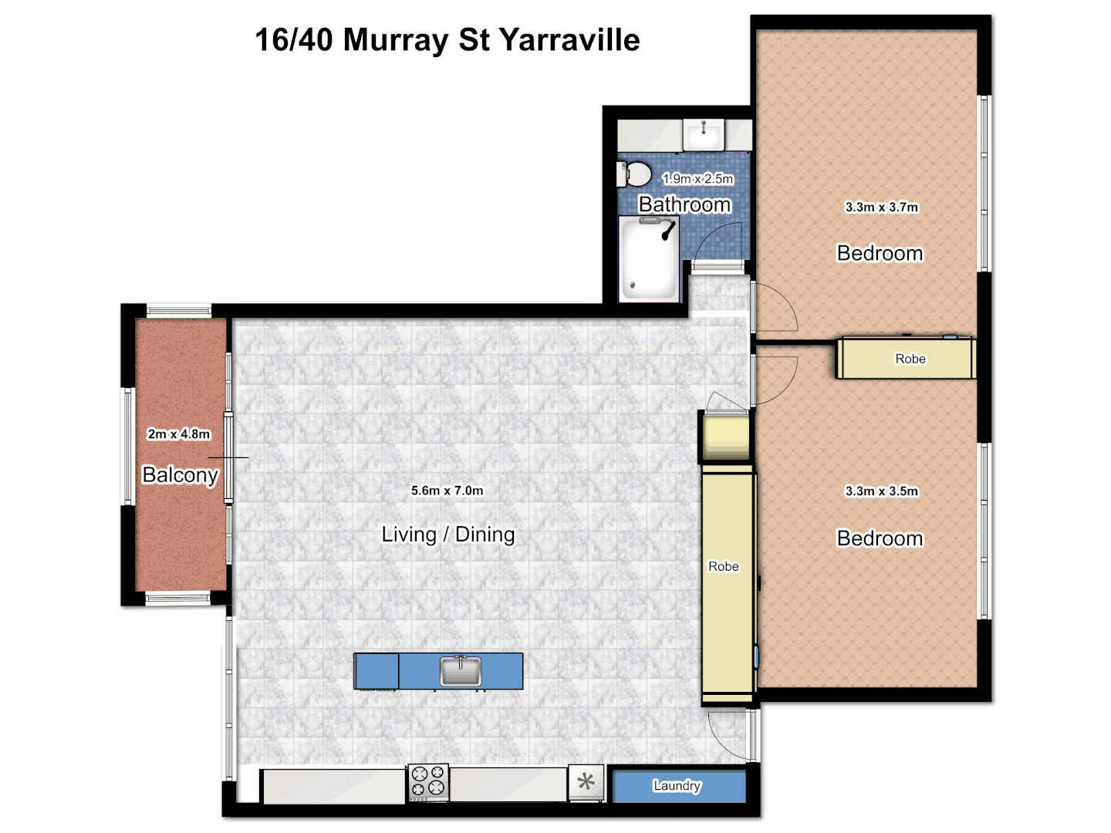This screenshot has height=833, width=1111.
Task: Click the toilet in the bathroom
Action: coord(634,174)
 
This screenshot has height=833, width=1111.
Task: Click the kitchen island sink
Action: coord(461,670)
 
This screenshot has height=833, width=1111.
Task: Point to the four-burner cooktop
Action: coord(428,782)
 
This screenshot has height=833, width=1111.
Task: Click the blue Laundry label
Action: coord(677,786)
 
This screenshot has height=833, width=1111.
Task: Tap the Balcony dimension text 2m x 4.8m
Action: coord(179,434)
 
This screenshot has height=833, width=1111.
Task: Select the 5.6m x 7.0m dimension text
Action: coord(447,491)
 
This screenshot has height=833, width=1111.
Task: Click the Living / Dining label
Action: coord(448,535)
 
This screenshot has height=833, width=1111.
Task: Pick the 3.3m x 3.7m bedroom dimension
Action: coord(881,207)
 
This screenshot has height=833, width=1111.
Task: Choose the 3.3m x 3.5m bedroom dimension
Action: coord(881,491)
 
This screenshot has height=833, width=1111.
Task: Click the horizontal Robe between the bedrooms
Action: coord(910,359)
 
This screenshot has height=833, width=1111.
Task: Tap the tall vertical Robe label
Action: coord(724,567)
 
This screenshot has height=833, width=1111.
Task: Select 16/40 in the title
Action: coord(293,40)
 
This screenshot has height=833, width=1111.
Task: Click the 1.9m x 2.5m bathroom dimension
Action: coord(697,179)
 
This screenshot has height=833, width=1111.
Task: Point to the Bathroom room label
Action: coord(684,204)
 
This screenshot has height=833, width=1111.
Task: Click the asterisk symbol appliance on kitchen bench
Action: coord(586,782)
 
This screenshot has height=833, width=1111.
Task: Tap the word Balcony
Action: coord(181,475)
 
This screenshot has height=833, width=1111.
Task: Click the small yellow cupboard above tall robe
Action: coord(726,437)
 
